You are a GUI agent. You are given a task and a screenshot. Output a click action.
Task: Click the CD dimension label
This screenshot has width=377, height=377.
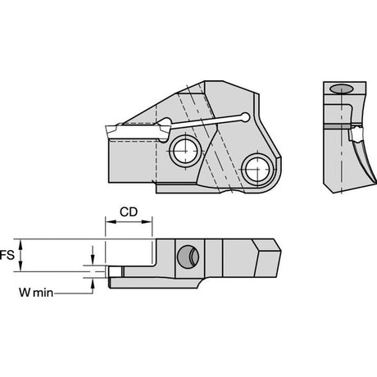(x=129, y=211)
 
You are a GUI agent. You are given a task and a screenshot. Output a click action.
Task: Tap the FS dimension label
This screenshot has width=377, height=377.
(x=7, y=255)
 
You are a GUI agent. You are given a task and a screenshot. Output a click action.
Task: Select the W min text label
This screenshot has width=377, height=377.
(x=36, y=293)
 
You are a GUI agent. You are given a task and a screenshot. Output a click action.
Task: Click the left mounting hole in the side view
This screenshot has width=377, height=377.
(x=185, y=151)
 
